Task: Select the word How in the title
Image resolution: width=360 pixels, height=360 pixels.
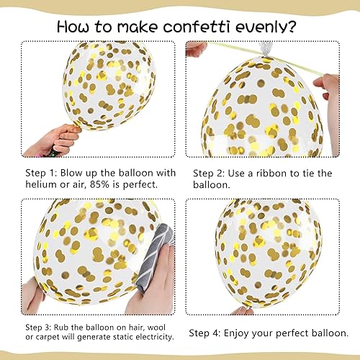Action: (76, 27)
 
